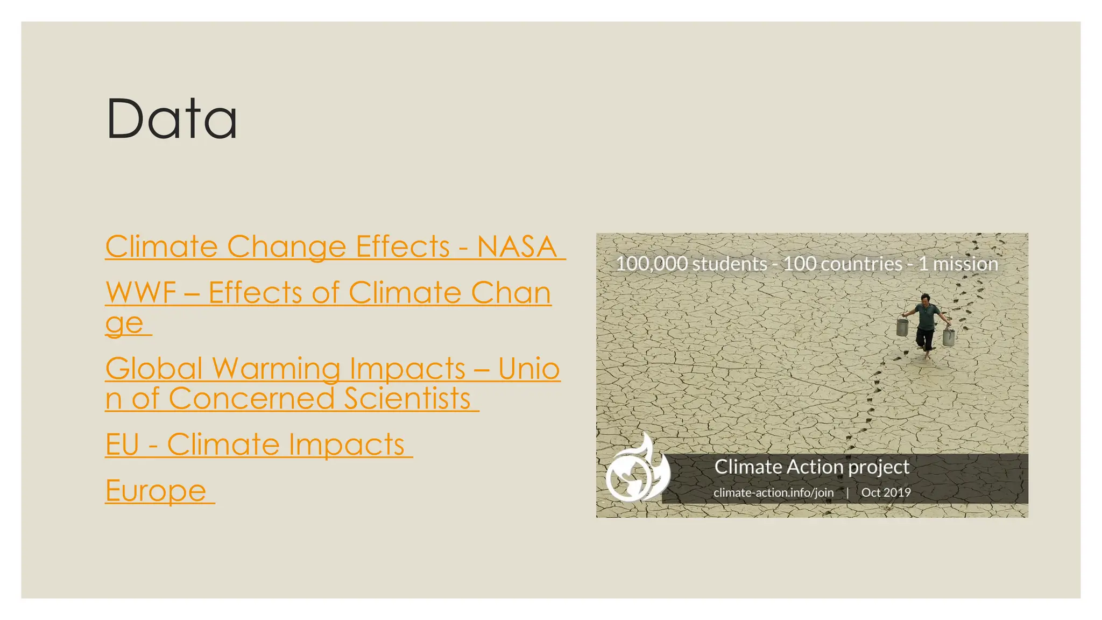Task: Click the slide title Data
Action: [172, 119]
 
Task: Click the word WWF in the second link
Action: [141, 293]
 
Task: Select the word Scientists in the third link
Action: [407, 399]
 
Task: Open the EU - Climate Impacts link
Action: [256, 445]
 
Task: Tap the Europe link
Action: [157, 491]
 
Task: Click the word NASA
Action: [517, 247]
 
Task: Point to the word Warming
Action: [276, 369]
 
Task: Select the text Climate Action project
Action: [811, 467]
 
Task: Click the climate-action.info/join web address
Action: [773, 492]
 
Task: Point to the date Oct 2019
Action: [886, 492]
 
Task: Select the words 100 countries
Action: [842, 264]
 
